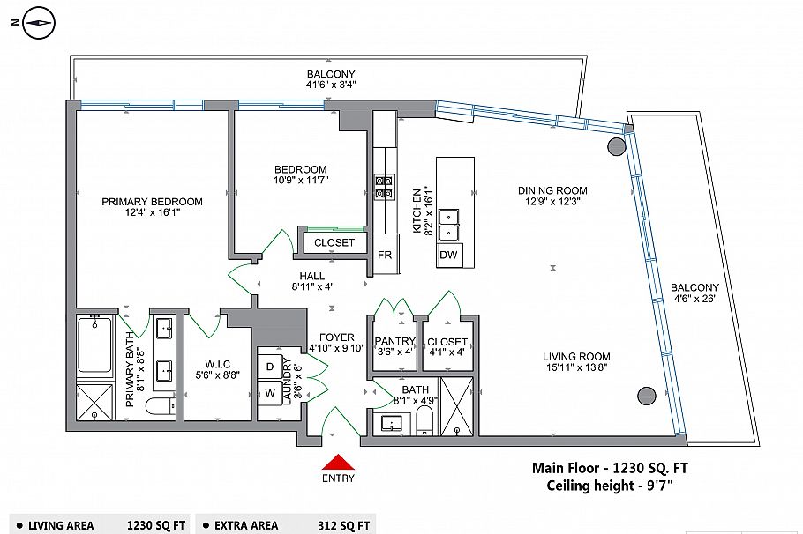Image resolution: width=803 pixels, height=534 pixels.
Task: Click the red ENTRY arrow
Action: tap(339, 463)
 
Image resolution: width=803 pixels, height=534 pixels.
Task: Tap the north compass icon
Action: tap(38, 25)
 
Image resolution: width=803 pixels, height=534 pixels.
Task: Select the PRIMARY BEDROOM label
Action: tap(152, 202)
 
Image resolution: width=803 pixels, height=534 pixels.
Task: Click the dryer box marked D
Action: tap(269, 366)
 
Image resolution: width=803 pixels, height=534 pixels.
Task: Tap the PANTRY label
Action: tap(394, 341)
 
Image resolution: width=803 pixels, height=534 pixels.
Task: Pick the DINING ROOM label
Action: tap(552, 190)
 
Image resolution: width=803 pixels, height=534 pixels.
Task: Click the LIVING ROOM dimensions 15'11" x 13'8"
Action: tap(576, 369)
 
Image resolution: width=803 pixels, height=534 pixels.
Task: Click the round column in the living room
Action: tap(647, 396)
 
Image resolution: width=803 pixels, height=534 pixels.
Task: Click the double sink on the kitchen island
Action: tap(450, 224)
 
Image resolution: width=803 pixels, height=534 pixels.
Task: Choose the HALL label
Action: tap(312, 276)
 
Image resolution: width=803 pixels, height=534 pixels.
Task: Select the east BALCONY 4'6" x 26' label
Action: tap(694, 288)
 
